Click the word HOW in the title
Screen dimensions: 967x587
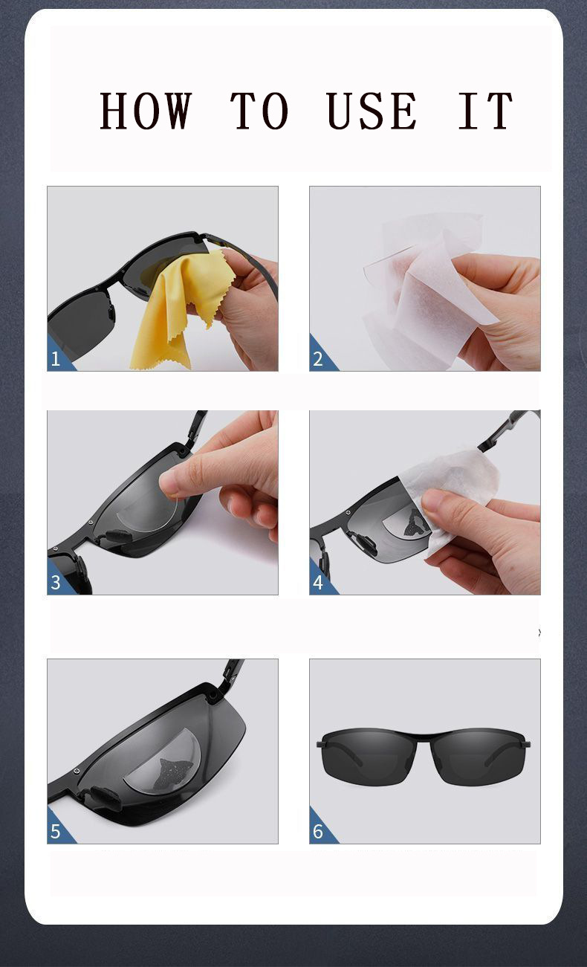(146, 111)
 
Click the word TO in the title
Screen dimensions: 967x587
(259, 111)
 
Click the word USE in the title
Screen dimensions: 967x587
(372, 111)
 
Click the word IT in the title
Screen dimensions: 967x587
(485, 111)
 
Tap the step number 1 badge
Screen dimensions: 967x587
(56, 360)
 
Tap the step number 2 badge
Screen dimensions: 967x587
(318, 360)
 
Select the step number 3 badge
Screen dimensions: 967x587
(56, 583)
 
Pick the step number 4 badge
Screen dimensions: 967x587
(318, 583)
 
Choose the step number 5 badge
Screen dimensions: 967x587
(56, 832)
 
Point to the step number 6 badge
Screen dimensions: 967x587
(318, 832)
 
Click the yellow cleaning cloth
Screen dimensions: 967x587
(182, 308)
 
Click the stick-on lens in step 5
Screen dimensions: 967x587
(163, 762)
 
